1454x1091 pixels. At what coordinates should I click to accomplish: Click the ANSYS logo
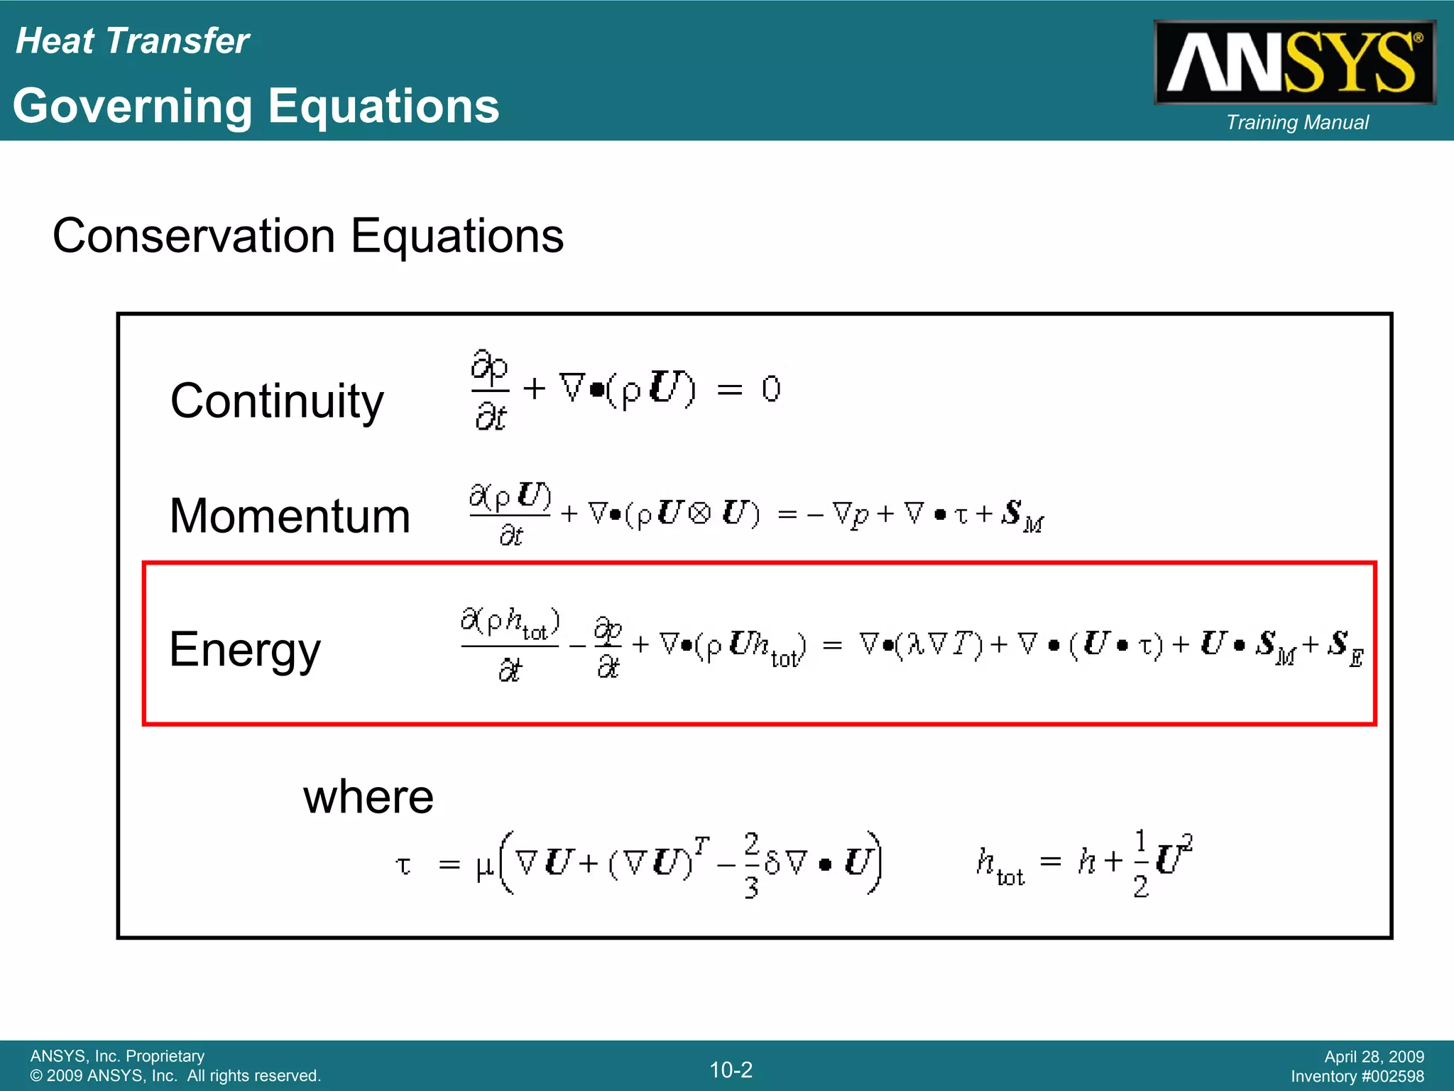[x=1294, y=63]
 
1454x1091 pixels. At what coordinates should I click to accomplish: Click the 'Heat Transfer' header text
[x=132, y=41]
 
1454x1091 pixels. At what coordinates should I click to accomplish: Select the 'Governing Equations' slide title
[x=256, y=107]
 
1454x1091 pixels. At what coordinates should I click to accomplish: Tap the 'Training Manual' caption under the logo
[x=1297, y=123]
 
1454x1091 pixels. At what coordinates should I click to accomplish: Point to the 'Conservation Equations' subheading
[x=308, y=236]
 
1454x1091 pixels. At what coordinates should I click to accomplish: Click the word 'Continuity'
[x=277, y=401]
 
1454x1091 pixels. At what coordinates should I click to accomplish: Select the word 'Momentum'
[x=290, y=516]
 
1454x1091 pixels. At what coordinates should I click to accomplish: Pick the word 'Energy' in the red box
[x=245, y=649]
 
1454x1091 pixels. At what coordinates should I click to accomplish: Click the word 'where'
[x=368, y=797]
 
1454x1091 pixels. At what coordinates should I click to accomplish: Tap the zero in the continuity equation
[x=771, y=389]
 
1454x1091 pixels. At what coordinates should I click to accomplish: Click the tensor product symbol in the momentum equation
[x=699, y=514]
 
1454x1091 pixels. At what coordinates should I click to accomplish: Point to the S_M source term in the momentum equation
[x=1021, y=516]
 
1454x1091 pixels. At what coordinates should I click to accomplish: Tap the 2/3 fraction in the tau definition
[x=751, y=864]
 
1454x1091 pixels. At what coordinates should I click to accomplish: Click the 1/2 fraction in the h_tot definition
[x=1140, y=863]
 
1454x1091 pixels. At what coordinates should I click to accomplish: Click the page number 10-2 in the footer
[x=731, y=1070]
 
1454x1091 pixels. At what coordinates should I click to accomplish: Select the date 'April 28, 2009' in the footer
[x=1374, y=1057]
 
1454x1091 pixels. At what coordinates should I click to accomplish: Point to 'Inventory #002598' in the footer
[x=1357, y=1077]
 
